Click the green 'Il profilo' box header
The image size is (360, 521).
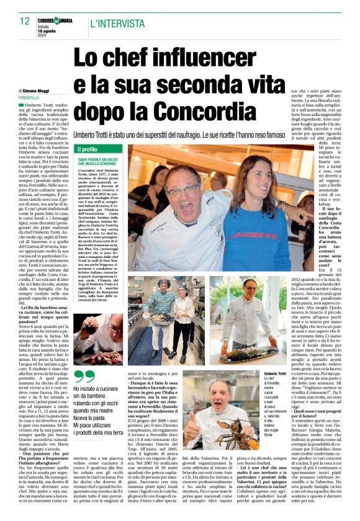click(99, 149)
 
